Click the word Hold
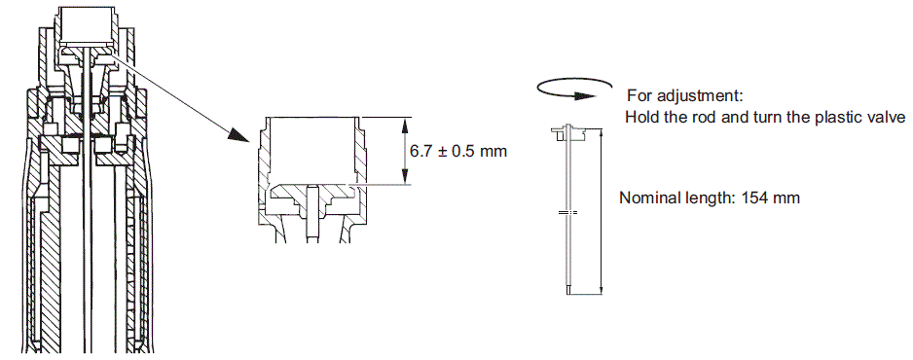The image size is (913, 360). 640,117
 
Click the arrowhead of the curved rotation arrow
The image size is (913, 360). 585,95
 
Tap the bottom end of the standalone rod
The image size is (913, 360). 567,289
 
